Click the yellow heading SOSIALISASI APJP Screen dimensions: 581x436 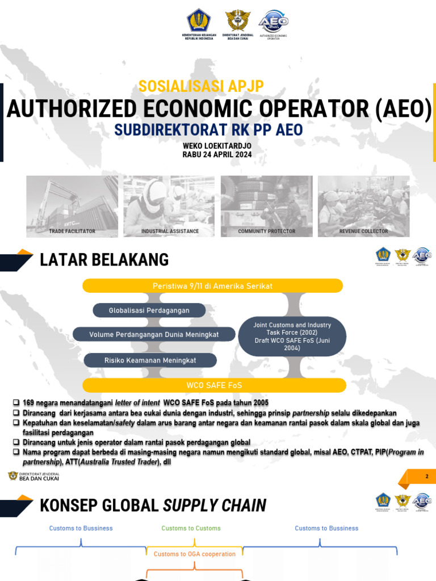201,87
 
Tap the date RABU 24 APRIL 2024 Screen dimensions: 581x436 217,154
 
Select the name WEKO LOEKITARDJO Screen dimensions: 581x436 217,146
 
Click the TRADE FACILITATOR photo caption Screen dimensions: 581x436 72,231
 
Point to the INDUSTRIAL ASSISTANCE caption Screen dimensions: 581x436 170,231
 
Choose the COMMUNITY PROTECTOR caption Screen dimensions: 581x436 266,231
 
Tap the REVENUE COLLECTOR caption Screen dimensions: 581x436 363,231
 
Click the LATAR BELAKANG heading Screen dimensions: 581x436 104,260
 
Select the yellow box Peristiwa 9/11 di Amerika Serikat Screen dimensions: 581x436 212,286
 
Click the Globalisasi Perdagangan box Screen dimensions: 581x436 149,310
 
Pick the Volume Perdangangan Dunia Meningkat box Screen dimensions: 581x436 154,335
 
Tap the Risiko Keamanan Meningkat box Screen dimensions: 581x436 150,360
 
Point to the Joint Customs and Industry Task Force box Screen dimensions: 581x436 292,336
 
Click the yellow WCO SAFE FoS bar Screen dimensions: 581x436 215,385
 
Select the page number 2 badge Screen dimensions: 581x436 426,477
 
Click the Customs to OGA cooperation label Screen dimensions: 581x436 195,554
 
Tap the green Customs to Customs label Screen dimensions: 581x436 191,528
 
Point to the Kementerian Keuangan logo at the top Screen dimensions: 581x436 198,20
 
